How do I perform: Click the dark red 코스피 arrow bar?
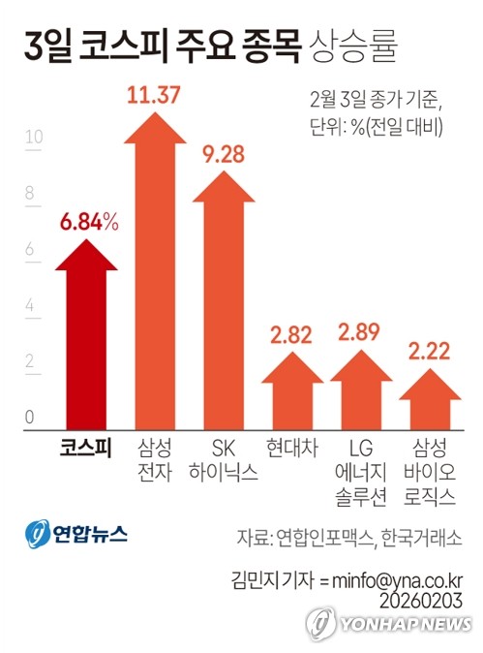(x=88, y=339)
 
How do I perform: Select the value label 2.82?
(x=292, y=335)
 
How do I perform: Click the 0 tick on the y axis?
(x=30, y=418)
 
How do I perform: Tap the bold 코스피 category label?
(x=87, y=449)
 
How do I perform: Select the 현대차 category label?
(x=291, y=449)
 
